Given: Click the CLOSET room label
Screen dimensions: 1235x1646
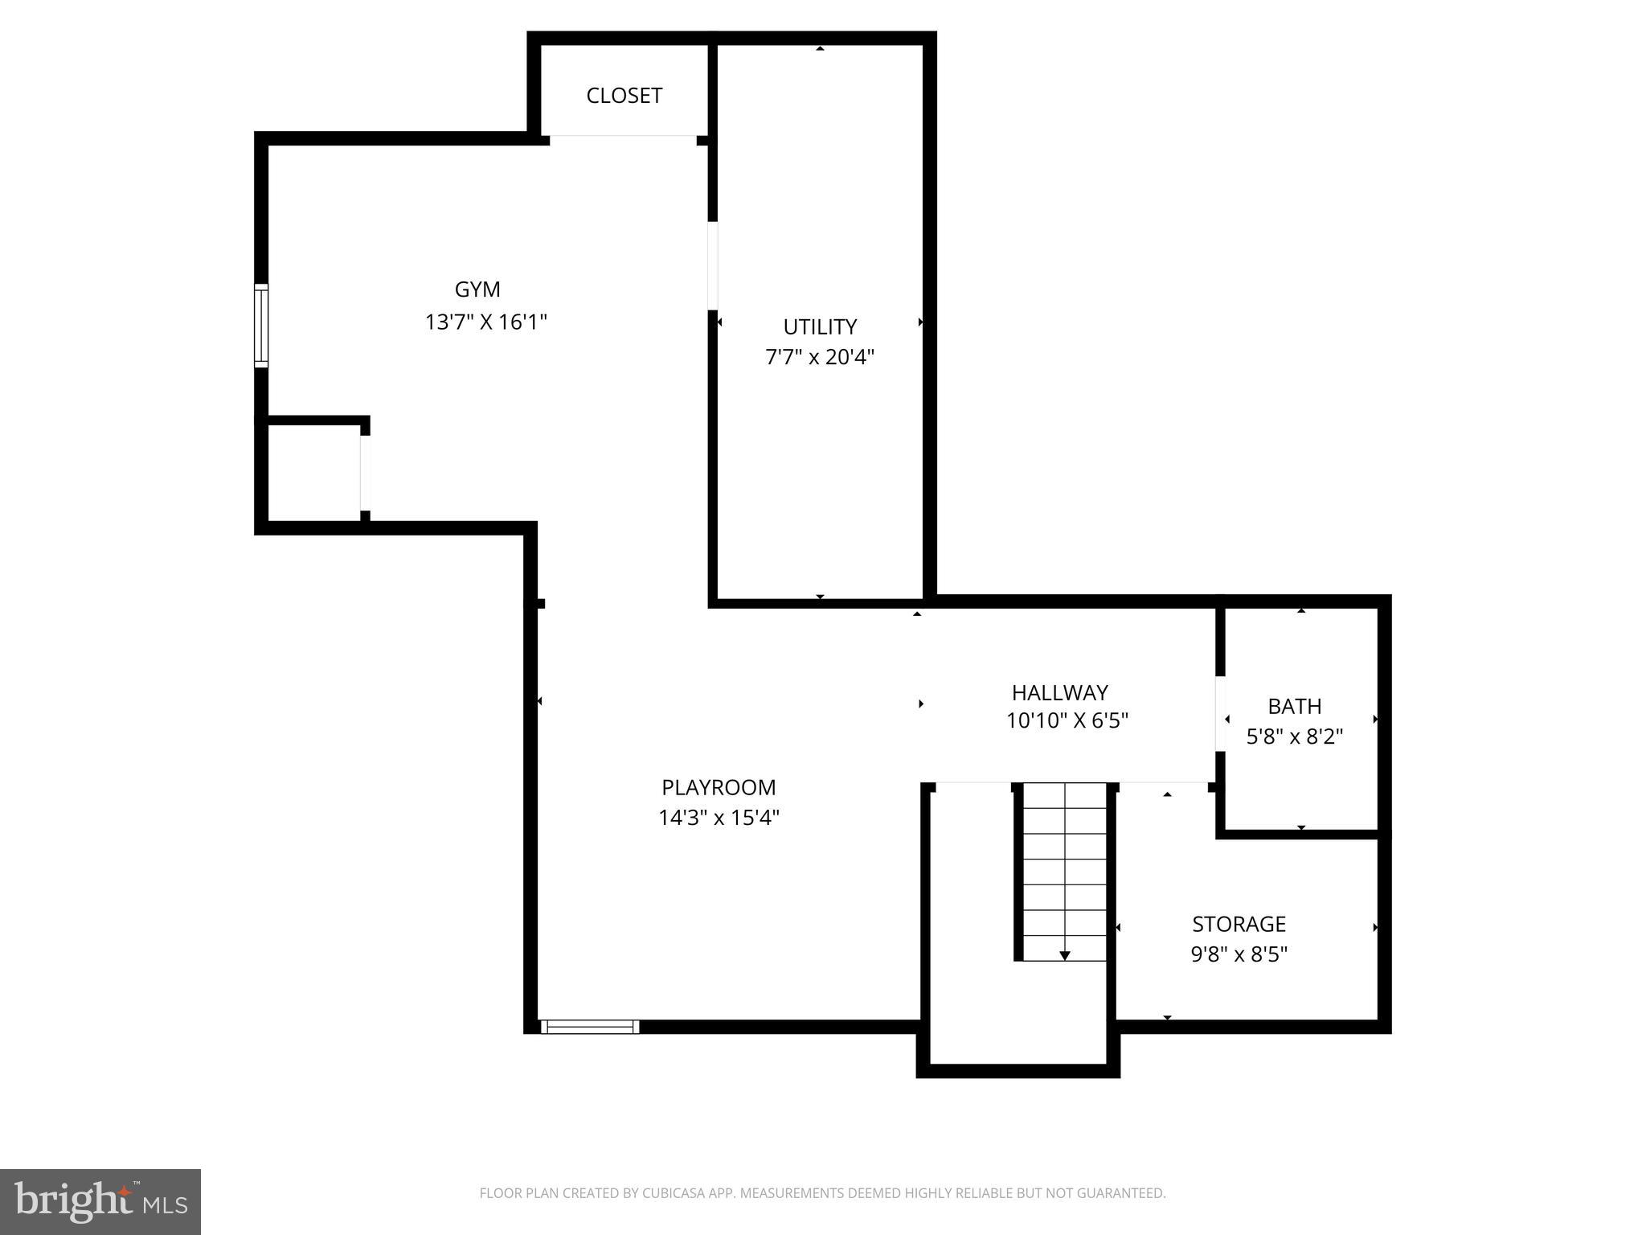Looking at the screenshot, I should click(x=624, y=96).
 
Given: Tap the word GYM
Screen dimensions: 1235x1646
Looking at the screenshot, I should click(x=477, y=289).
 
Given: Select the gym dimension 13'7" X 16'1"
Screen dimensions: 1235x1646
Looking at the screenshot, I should click(x=485, y=322).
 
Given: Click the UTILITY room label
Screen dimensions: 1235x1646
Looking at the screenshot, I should click(x=820, y=326).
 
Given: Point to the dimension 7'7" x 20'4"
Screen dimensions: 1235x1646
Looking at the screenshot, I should click(x=819, y=357).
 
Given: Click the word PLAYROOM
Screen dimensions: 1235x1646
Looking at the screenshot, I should click(x=719, y=787).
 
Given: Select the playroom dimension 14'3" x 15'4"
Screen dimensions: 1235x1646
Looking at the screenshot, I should click(x=719, y=818).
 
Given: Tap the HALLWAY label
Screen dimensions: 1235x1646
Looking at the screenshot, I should click(x=1059, y=692).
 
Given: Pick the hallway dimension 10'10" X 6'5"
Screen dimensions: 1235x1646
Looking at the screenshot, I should click(x=1067, y=721).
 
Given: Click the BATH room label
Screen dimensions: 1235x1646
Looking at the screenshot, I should click(x=1294, y=706).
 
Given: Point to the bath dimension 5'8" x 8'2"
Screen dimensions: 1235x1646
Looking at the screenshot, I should click(x=1294, y=736).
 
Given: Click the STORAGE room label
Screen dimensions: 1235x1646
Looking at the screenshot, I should click(x=1239, y=924).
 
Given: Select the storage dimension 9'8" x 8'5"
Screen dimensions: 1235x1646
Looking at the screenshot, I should click(x=1239, y=954).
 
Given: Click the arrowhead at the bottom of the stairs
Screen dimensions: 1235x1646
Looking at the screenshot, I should click(x=1064, y=955).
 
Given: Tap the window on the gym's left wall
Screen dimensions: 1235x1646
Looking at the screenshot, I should click(x=261, y=326).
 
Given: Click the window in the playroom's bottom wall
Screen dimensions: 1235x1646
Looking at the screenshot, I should click(x=590, y=1027).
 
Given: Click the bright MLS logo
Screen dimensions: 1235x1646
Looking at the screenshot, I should click(x=100, y=1201).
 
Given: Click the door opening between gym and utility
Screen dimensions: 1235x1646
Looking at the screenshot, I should click(x=712, y=265).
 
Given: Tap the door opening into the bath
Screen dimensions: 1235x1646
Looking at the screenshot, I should click(x=1220, y=714).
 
